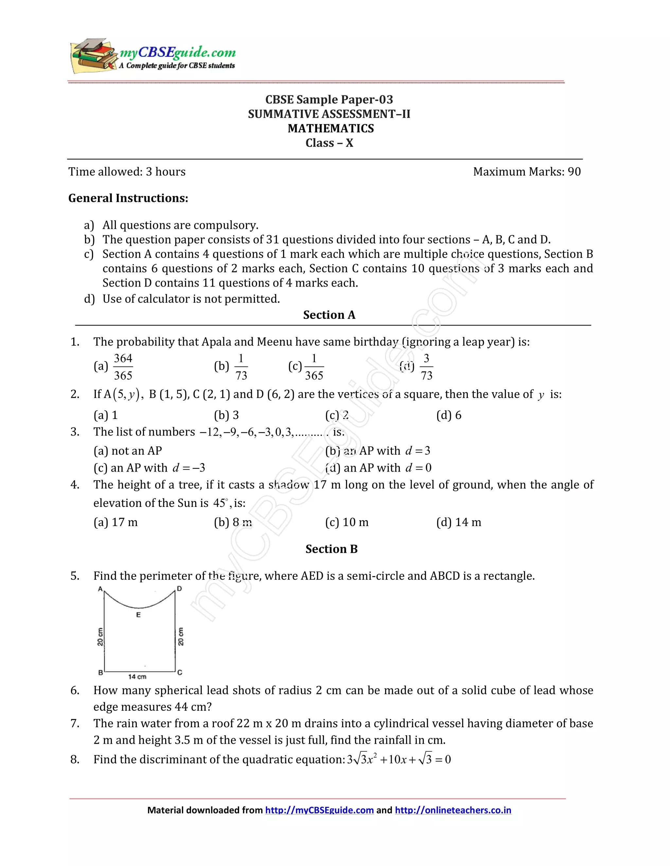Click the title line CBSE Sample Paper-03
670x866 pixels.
click(329, 100)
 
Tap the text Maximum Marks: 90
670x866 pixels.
click(527, 172)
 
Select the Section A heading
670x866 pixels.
click(329, 315)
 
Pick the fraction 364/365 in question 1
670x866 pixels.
click(123, 367)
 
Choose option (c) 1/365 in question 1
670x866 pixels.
click(307, 367)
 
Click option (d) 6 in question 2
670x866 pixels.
click(449, 415)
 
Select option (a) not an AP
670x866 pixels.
click(128, 451)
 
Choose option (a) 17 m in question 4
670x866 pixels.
click(115, 522)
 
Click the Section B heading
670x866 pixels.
click(331, 549)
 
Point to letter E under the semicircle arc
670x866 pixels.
click(138, 615)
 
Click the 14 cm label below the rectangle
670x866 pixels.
click(137, 677)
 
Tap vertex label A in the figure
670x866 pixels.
click(100, 589)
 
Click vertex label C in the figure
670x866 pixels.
click(180, 673)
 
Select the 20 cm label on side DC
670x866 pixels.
click(181, 636)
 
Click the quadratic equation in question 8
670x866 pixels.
click(398, 760)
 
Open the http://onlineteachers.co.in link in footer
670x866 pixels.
click(453, 810)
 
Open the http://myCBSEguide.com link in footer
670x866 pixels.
click(319, 810)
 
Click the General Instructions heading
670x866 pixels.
click(128, 198)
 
